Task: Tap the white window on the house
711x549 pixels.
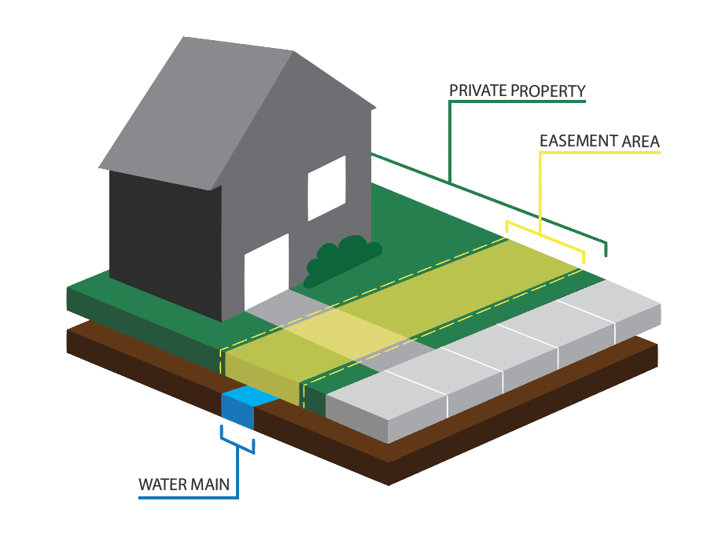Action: point(326,187)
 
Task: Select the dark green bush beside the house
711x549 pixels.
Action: point(341,260)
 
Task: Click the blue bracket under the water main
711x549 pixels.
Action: point(238,442)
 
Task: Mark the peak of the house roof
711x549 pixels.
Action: point(293,52)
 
